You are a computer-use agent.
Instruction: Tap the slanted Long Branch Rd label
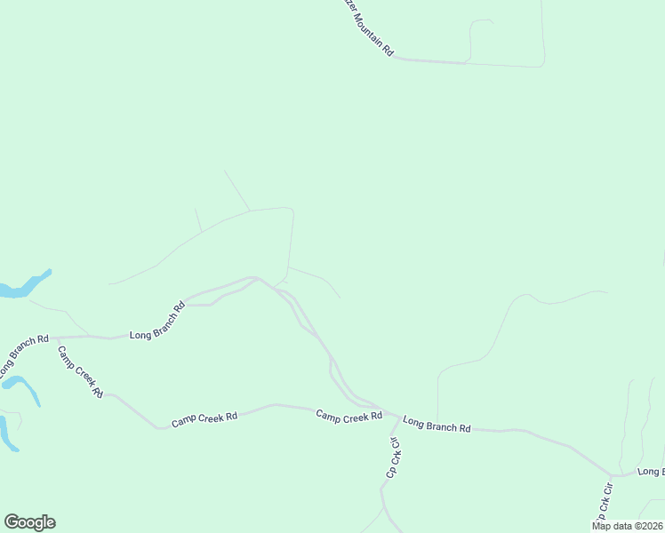pos(157,321)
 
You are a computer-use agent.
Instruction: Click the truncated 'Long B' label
pos(650,471)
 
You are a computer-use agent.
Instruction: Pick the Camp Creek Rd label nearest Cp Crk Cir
pos(349,415)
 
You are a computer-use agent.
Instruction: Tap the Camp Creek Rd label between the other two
pos(204,418)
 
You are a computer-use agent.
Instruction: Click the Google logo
pos(29,522)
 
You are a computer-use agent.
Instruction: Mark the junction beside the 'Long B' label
pos(611,475)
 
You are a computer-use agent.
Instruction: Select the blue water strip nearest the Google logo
pos(7,434)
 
